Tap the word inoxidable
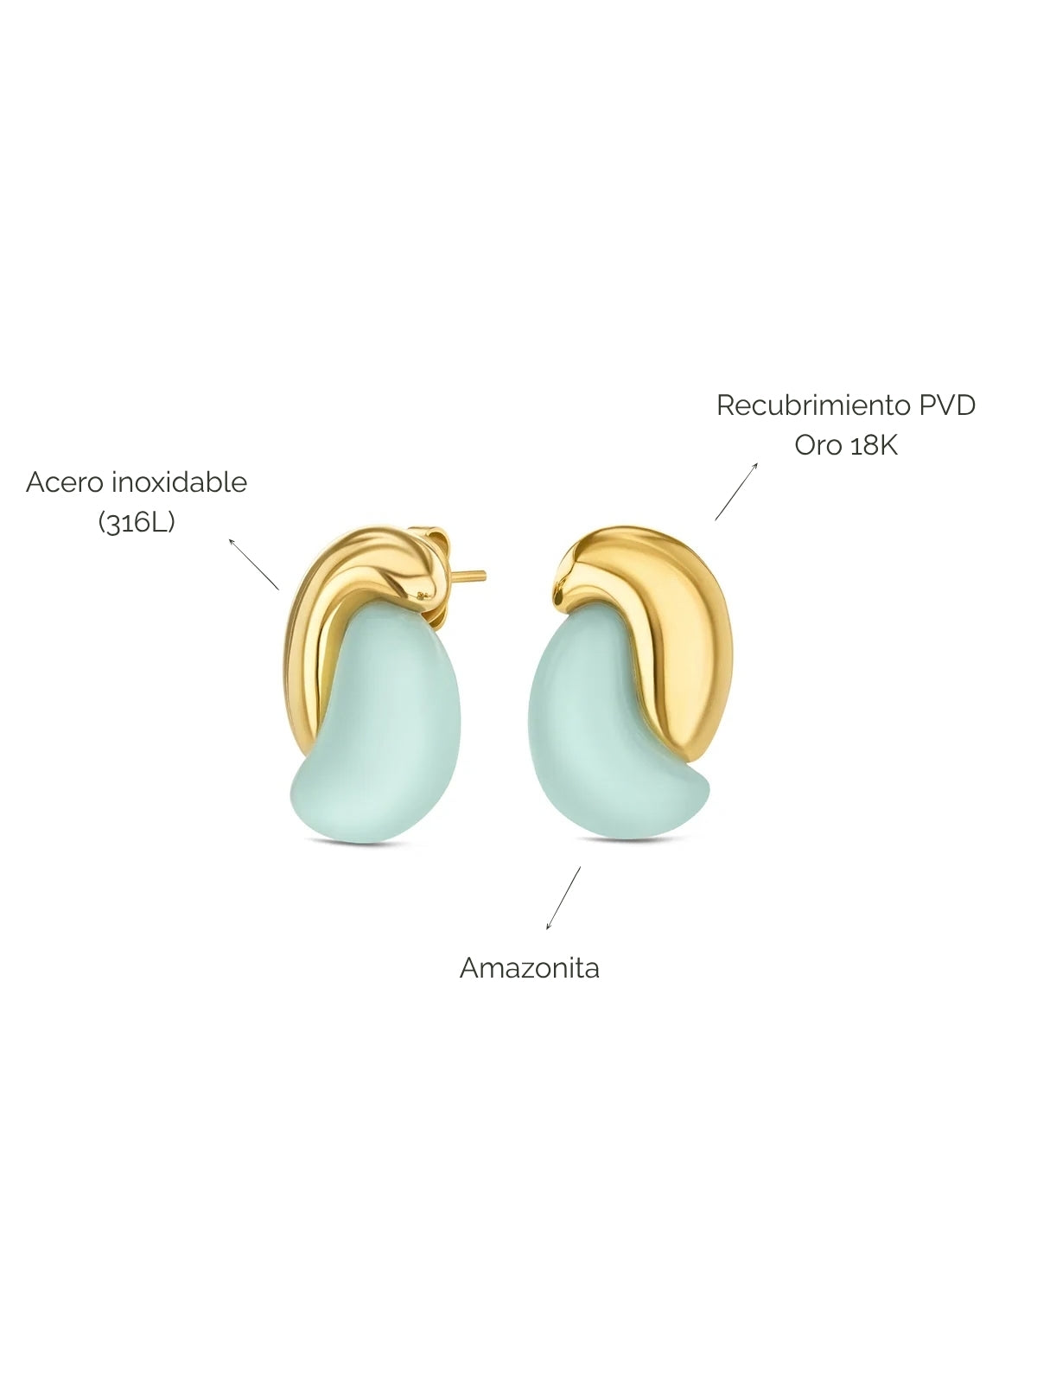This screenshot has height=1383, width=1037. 180,482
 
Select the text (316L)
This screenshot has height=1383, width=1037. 136,522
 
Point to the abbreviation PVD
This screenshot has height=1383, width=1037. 947,405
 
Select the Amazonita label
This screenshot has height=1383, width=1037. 530,968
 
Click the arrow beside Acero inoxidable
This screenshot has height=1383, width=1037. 254,564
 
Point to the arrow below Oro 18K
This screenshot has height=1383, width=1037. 736,492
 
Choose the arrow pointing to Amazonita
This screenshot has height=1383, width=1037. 563,898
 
